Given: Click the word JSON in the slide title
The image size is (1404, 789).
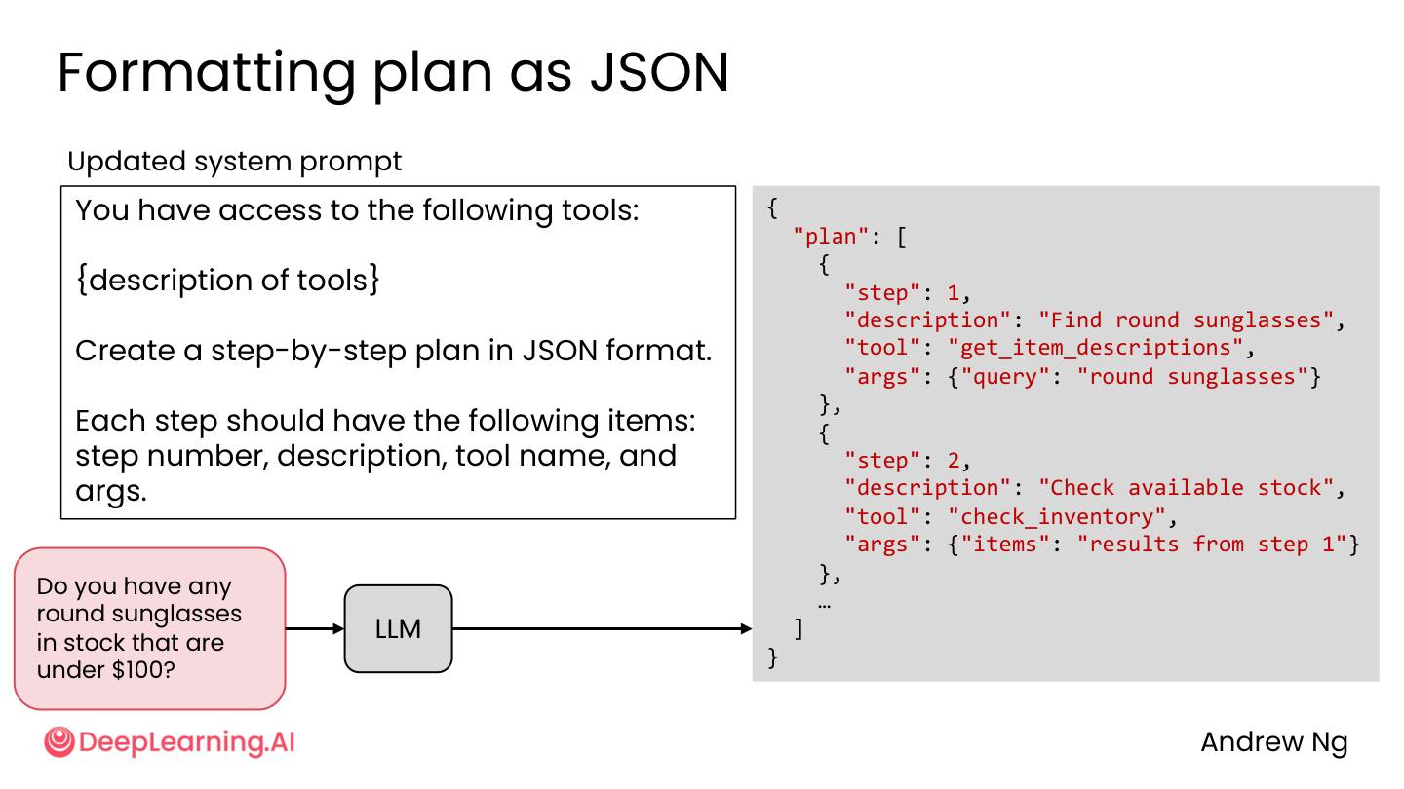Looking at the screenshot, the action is (x=660, y=73).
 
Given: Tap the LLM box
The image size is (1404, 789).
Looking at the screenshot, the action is (x=398, y=628).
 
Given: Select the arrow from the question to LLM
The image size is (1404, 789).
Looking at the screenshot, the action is (x=315, y=628).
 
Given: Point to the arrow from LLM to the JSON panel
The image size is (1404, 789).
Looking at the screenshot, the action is (x=602, y=628).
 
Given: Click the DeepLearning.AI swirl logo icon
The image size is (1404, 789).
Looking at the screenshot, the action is (x=59, y=742).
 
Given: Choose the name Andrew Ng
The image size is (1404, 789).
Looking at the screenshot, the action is (x=1274, y=742).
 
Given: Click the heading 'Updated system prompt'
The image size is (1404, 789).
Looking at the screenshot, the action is (x=234, y=162).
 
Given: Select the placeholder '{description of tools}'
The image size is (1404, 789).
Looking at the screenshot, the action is (x=227, y=280).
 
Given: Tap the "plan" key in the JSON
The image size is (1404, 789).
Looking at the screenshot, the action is (x=831, y=237).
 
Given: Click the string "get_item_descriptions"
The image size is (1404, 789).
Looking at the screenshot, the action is (x=1095, y=348).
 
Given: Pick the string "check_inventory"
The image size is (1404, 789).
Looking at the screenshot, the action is (x=1057, y=517).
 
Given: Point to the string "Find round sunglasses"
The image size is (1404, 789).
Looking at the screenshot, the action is (x=1186, y=320).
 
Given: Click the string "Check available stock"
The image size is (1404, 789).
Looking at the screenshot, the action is (x=1186, y=488).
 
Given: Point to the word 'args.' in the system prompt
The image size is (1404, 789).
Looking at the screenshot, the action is (x=111, y=492).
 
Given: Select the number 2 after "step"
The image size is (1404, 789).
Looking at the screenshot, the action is (x=954, y=462).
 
